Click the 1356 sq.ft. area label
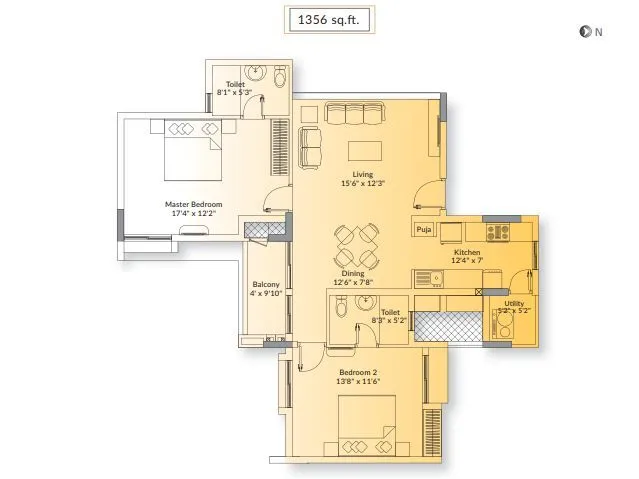[328, 20]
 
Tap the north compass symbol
[584, 31]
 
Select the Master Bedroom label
[194, 204]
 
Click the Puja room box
[424, 230]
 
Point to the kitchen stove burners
[498, 232]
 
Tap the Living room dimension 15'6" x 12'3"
[363, 183]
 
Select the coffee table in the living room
[365, 151]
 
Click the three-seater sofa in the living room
[355, 113]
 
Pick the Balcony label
[266, 285]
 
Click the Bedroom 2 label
[358, 372]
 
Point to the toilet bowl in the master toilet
[280, 77]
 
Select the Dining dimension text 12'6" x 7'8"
[353, 282]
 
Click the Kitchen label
[467, 252]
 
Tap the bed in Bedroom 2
[367, 425]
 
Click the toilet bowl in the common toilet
[341, 306]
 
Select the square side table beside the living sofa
[309, 114]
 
